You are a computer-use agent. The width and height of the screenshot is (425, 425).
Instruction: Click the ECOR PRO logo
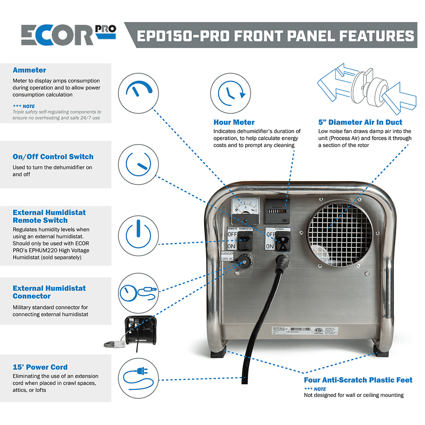(68, 34)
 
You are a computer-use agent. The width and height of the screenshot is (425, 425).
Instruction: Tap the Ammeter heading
(29, 70)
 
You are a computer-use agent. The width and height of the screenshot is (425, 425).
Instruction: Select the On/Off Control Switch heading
(53, 157)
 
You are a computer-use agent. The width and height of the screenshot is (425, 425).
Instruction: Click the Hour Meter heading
(234, 122)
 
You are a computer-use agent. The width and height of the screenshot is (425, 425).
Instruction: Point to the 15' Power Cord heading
(40, 367)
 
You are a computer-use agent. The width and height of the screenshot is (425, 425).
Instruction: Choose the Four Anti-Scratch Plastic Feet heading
(358, 380)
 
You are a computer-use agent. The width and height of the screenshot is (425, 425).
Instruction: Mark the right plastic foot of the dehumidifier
(381, 350)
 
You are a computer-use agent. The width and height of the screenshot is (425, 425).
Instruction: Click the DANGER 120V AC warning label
(226, 256)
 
